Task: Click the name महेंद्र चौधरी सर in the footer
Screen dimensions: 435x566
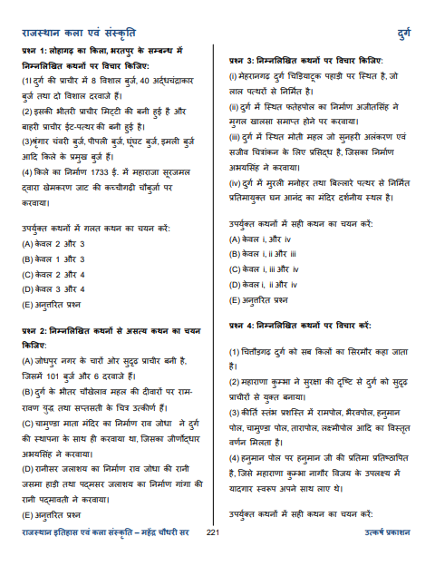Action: [167, 557]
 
